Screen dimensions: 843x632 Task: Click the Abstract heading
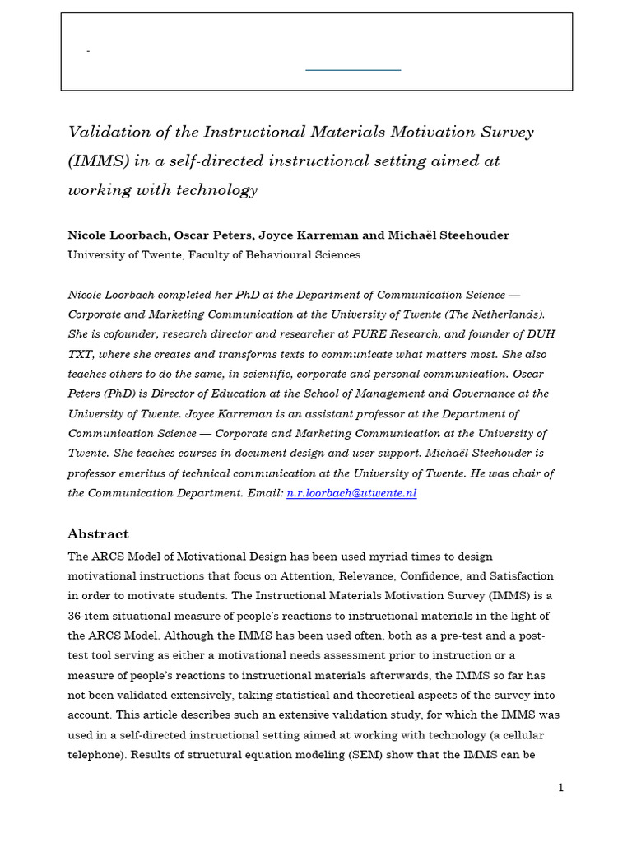pos(98,533)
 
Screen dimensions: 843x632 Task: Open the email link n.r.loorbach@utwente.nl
pos(351,492)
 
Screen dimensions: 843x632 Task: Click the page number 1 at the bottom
pos(560,787)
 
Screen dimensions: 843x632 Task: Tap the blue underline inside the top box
pos(353,70)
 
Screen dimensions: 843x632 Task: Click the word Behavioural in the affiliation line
pos(252,255)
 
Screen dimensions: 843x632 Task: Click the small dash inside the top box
pos(88,52)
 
